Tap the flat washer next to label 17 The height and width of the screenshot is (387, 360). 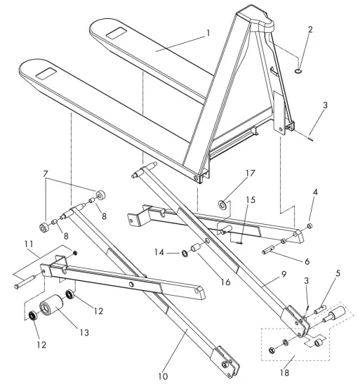pyautogui.click(x=222, y=205)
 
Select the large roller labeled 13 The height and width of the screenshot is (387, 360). pyautogui.click(x=50, y=308)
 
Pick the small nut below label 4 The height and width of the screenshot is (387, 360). pyautogui.click(x=310, y=226)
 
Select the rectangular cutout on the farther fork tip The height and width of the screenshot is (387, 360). pyautogui.click(x=116, y=32)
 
